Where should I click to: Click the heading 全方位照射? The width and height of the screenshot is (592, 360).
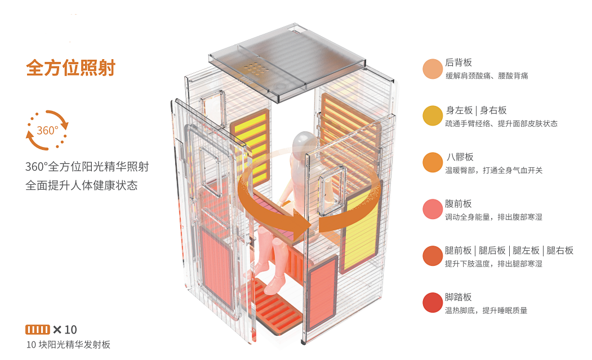(x=70, y=68)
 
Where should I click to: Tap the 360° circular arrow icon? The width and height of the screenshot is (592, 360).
(x=47, y=130)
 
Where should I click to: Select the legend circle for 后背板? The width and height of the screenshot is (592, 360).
(x=433, y=69)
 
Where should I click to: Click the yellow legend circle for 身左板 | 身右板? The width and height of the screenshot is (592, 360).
(x=433, y=115)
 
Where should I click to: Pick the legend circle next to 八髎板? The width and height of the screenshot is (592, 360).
(x=433, y=162)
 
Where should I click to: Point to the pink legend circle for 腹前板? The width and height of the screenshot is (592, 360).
(x=433, y=209)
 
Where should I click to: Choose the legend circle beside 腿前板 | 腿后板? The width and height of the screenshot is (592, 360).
(x=433, y=256)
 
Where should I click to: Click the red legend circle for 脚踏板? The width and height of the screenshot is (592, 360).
(x=433, y=303)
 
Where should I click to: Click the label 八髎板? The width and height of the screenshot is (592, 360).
(x=459, y=157)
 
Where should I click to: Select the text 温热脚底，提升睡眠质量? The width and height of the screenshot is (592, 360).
(x=486, y=310)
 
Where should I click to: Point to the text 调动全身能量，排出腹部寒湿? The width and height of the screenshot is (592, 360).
(x=493, y=217)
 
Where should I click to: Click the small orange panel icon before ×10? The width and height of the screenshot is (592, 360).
(x=38, y=329)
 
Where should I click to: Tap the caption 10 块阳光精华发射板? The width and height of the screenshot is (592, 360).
(x=68, y=344)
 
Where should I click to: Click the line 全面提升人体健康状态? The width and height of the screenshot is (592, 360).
(x=81, y=185)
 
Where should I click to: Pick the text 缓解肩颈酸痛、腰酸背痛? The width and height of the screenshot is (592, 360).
(x=486, y=76)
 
